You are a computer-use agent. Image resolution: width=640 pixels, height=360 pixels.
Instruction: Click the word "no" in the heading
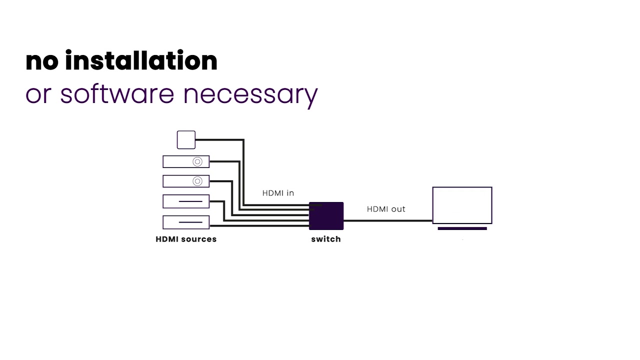(x=42, y=61)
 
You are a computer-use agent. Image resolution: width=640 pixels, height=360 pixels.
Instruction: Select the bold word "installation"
(x=141, y=60)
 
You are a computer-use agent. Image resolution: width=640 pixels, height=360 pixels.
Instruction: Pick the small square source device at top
(x=186, y=140)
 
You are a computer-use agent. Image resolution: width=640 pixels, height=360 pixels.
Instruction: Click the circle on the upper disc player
(x=197, y=161)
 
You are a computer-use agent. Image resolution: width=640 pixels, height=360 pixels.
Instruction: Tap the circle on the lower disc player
(x=197, y=181)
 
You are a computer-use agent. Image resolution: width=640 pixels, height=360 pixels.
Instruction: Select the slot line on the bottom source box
(x=194, y=222)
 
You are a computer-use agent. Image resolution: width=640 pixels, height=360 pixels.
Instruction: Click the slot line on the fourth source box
(x=194, y=201)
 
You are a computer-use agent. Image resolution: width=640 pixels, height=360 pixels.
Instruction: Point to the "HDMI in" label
(x=278, y=193)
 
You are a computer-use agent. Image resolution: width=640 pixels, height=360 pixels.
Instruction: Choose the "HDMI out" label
(x=386, y=209)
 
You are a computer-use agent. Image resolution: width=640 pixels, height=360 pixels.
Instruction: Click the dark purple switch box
(x=326, y=216)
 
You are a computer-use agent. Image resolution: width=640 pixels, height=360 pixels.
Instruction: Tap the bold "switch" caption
(x=326, y=239)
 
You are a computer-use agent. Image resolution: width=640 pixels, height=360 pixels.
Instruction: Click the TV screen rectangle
(x=462, y=205)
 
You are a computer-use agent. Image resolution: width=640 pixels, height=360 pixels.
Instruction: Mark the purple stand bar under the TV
(x=462, y=228)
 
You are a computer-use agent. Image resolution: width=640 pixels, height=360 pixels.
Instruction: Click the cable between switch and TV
(x=387, y=220)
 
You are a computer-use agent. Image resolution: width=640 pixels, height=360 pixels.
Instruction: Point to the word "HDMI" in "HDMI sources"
(x=167, y=239)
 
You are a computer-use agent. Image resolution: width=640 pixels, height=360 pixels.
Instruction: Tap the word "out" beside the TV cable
(x=398, y=209)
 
